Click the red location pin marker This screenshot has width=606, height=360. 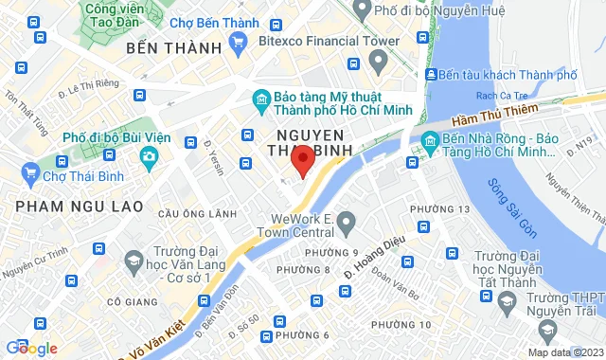(302, 163)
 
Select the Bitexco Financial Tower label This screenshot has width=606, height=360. (309, 41)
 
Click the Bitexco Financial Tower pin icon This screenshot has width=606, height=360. (379, 63)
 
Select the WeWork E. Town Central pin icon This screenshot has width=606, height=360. (346, 225)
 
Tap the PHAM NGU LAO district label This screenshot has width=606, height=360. (80, 206)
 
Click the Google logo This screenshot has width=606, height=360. (31, 348)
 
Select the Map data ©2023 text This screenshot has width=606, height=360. (564, 352)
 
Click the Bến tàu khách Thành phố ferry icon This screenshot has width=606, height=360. (432, 75)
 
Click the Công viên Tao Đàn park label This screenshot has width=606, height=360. (118, 13)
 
